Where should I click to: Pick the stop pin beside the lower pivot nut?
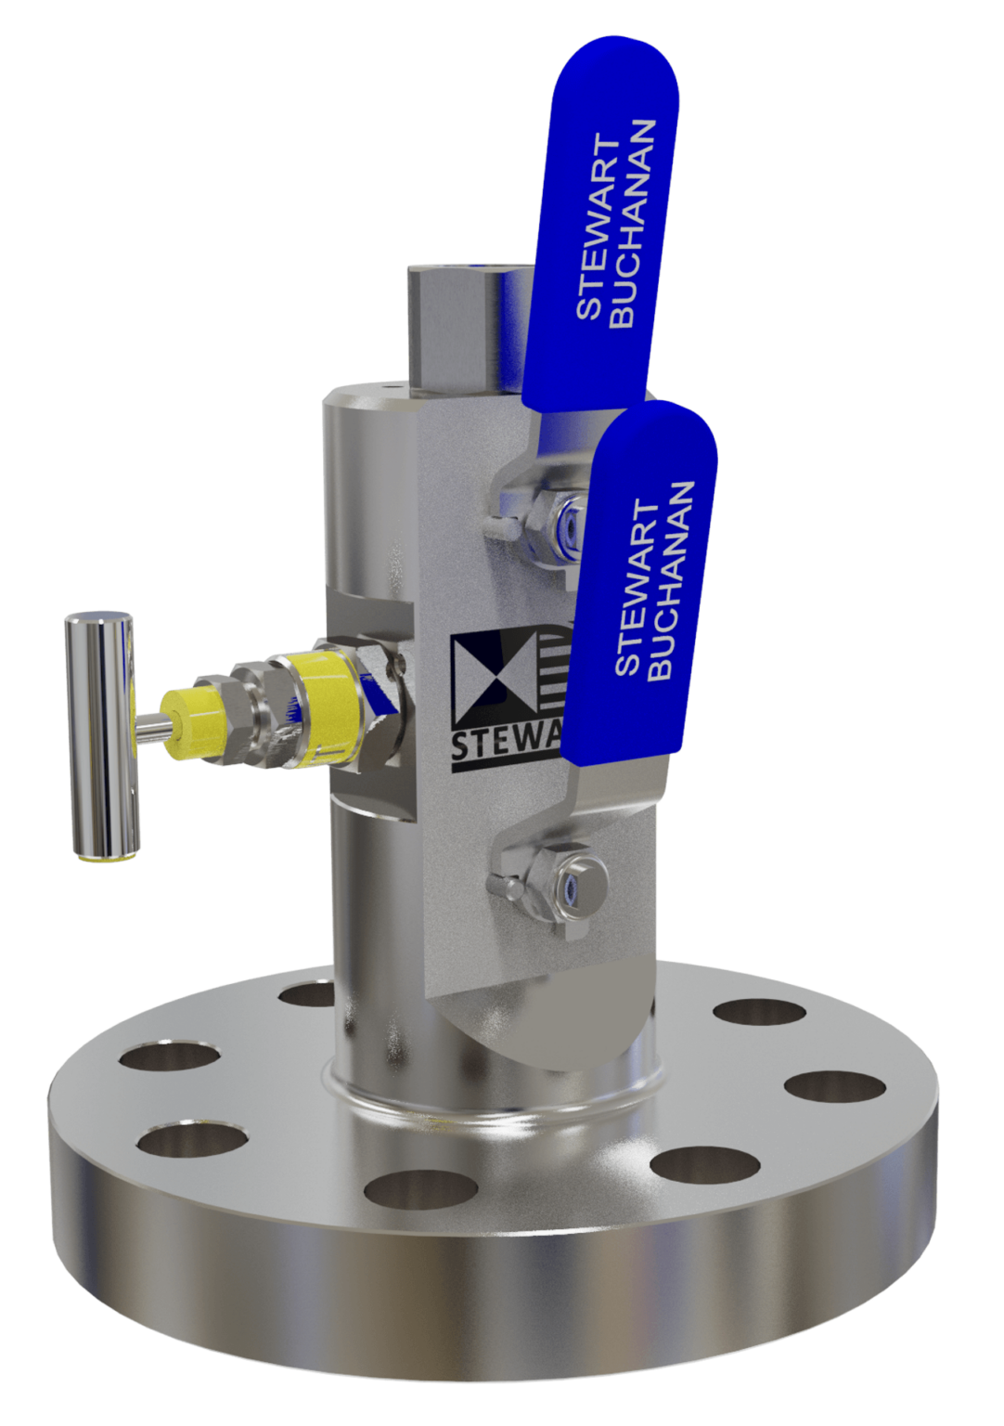pyautogui.click(x=508, y=888)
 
